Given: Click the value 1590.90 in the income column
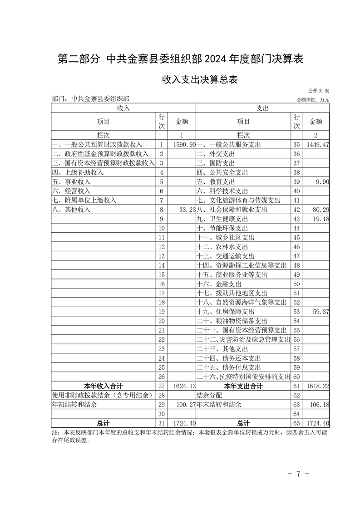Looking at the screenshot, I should [184, 144].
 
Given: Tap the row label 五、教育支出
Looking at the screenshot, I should [216, 182].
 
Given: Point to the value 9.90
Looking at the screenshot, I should [321, 182].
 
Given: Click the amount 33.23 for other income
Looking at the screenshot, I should [188, 210].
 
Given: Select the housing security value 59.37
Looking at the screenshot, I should [319, 312].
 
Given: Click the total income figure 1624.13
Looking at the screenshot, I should [184, 387].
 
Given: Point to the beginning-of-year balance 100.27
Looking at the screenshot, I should [186, 405].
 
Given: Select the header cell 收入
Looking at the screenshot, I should [123, 108].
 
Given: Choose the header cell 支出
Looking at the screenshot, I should [262, 108].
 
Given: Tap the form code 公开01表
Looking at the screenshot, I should [318, 91].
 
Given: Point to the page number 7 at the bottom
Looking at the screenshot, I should [298, 475].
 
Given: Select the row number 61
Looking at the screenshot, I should [297, 387].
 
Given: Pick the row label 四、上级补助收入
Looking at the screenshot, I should [78, 172].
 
